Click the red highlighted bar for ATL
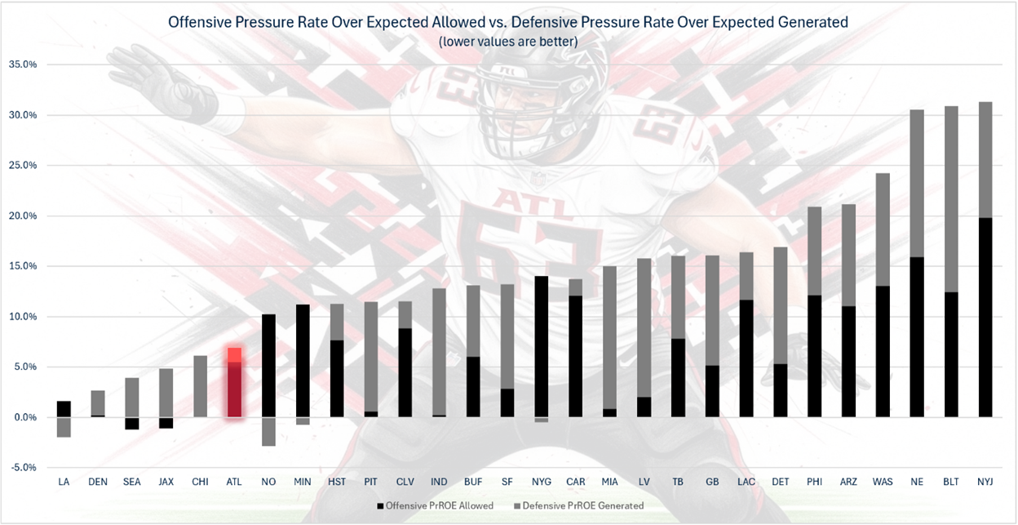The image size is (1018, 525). [234, 383]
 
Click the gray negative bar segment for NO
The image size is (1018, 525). [268, 432]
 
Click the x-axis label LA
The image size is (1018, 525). [64, 483]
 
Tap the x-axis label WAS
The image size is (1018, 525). [882, 483]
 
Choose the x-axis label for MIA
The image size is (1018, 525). [609, 483]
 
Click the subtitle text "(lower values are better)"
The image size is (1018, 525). [507, 42]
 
